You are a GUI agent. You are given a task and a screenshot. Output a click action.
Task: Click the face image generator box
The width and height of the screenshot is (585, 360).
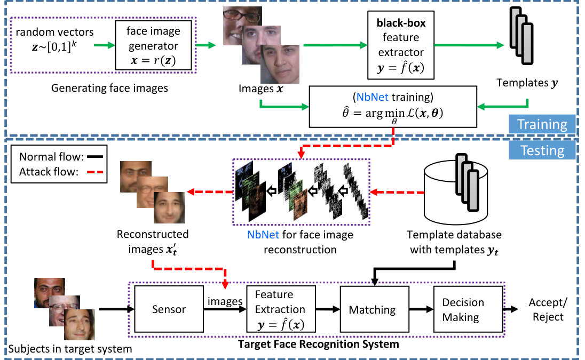[x=153, y=45]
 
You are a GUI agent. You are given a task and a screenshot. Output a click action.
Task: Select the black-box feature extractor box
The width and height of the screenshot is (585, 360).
[x=401, y=45]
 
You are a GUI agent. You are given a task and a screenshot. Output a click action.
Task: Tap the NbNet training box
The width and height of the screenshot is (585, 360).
[x=393, y=107]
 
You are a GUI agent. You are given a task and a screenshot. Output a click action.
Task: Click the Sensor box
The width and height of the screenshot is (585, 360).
[x=169, y=309]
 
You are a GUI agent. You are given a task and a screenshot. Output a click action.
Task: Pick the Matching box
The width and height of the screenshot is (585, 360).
[x=375, y=309]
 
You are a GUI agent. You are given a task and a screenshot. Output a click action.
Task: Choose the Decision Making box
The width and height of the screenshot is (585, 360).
[x=468, y=309]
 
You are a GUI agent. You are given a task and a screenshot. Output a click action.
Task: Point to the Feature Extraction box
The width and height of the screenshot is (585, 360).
[x=281, y=309]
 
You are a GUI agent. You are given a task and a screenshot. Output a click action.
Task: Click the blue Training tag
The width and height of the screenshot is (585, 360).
[x=542, y=124]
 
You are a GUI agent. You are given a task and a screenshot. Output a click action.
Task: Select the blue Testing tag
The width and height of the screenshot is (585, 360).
[x=542, y=150]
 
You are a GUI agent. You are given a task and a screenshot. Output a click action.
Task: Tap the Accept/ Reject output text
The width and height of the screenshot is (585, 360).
[x=548, y=309]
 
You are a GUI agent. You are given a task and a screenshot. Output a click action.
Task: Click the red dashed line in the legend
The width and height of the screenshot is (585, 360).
[x=95, y=172]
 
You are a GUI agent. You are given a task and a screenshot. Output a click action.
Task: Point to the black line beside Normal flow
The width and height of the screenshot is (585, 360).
[x=95, y=157]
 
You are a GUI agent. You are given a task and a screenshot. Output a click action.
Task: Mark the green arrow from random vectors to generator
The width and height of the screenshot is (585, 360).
[x=105, y=45]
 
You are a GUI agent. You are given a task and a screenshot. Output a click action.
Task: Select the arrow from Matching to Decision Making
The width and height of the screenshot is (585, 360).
[x=421, y=309]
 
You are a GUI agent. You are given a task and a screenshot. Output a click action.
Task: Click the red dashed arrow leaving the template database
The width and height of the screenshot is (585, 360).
[x=397, y=193]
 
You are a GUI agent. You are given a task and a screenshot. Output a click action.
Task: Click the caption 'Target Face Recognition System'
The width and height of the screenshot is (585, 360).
[x=318, y=344]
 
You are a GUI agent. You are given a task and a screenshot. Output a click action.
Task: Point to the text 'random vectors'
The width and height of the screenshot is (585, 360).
[x=54, y=32]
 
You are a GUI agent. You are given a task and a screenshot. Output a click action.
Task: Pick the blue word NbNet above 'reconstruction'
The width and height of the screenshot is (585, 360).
[x=263, y=235]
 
